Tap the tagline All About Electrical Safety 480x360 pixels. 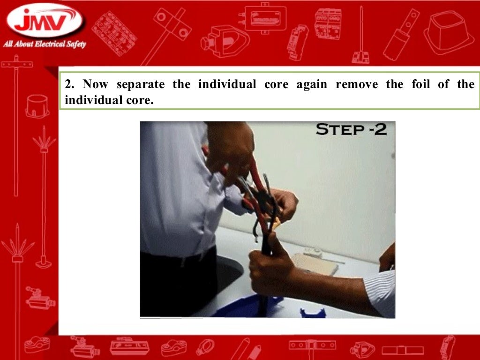pos(45,45)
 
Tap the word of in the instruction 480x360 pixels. pos(443,85)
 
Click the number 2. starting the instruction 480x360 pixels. pos(70,85)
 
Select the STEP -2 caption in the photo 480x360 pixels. pos(351,129)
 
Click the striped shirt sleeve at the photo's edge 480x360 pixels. pos(382,291)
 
